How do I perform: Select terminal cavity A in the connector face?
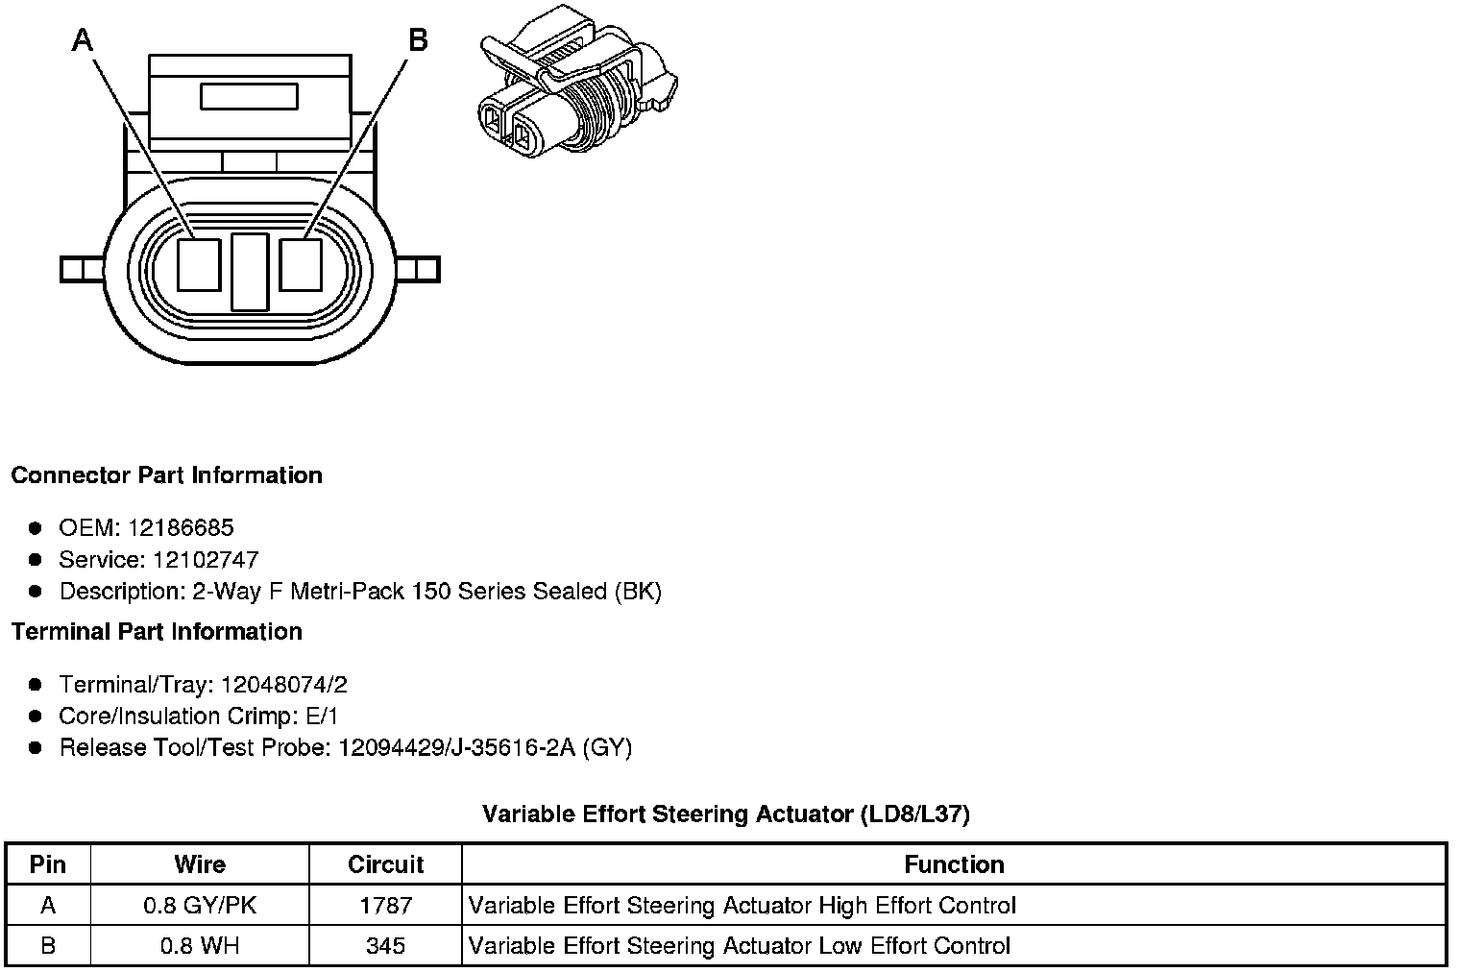[200, 264]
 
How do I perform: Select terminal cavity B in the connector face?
[301, 264]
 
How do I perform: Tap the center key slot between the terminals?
[250, 272]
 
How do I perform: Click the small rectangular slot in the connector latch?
[249, 96]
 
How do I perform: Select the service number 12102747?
[206, 559]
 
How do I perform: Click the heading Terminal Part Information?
[157, 631]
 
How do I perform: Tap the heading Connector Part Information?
[166, 475]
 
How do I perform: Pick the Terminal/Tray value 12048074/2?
[284, 685]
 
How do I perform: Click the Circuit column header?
[385, 864]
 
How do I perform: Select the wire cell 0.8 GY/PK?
[200, 905]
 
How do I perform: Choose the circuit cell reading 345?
[385, 945]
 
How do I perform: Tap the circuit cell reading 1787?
[385, 905]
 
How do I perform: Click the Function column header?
[954, 864]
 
